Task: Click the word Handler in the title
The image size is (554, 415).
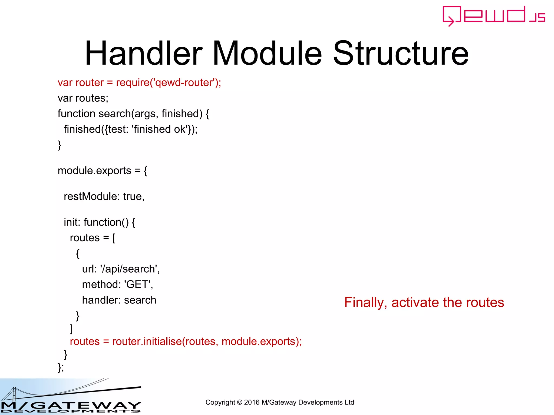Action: (144, 53)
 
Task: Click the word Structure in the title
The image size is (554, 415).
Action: (401, 53)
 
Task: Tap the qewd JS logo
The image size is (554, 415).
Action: (494, 16)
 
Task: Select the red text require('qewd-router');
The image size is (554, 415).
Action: (169, 83)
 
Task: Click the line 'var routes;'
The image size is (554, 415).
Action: (83, 98)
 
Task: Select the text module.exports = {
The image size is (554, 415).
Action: (102, 171)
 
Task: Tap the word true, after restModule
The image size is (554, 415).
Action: (134, 196)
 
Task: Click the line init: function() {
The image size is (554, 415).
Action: (99, 222)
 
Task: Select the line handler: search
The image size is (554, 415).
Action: (119, 300)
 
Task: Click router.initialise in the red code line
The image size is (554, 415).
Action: (147, 342)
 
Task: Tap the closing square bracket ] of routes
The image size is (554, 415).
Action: (71, 329)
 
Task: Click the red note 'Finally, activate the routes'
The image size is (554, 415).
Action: (424, 302)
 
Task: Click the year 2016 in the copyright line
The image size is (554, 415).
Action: (252, 402)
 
